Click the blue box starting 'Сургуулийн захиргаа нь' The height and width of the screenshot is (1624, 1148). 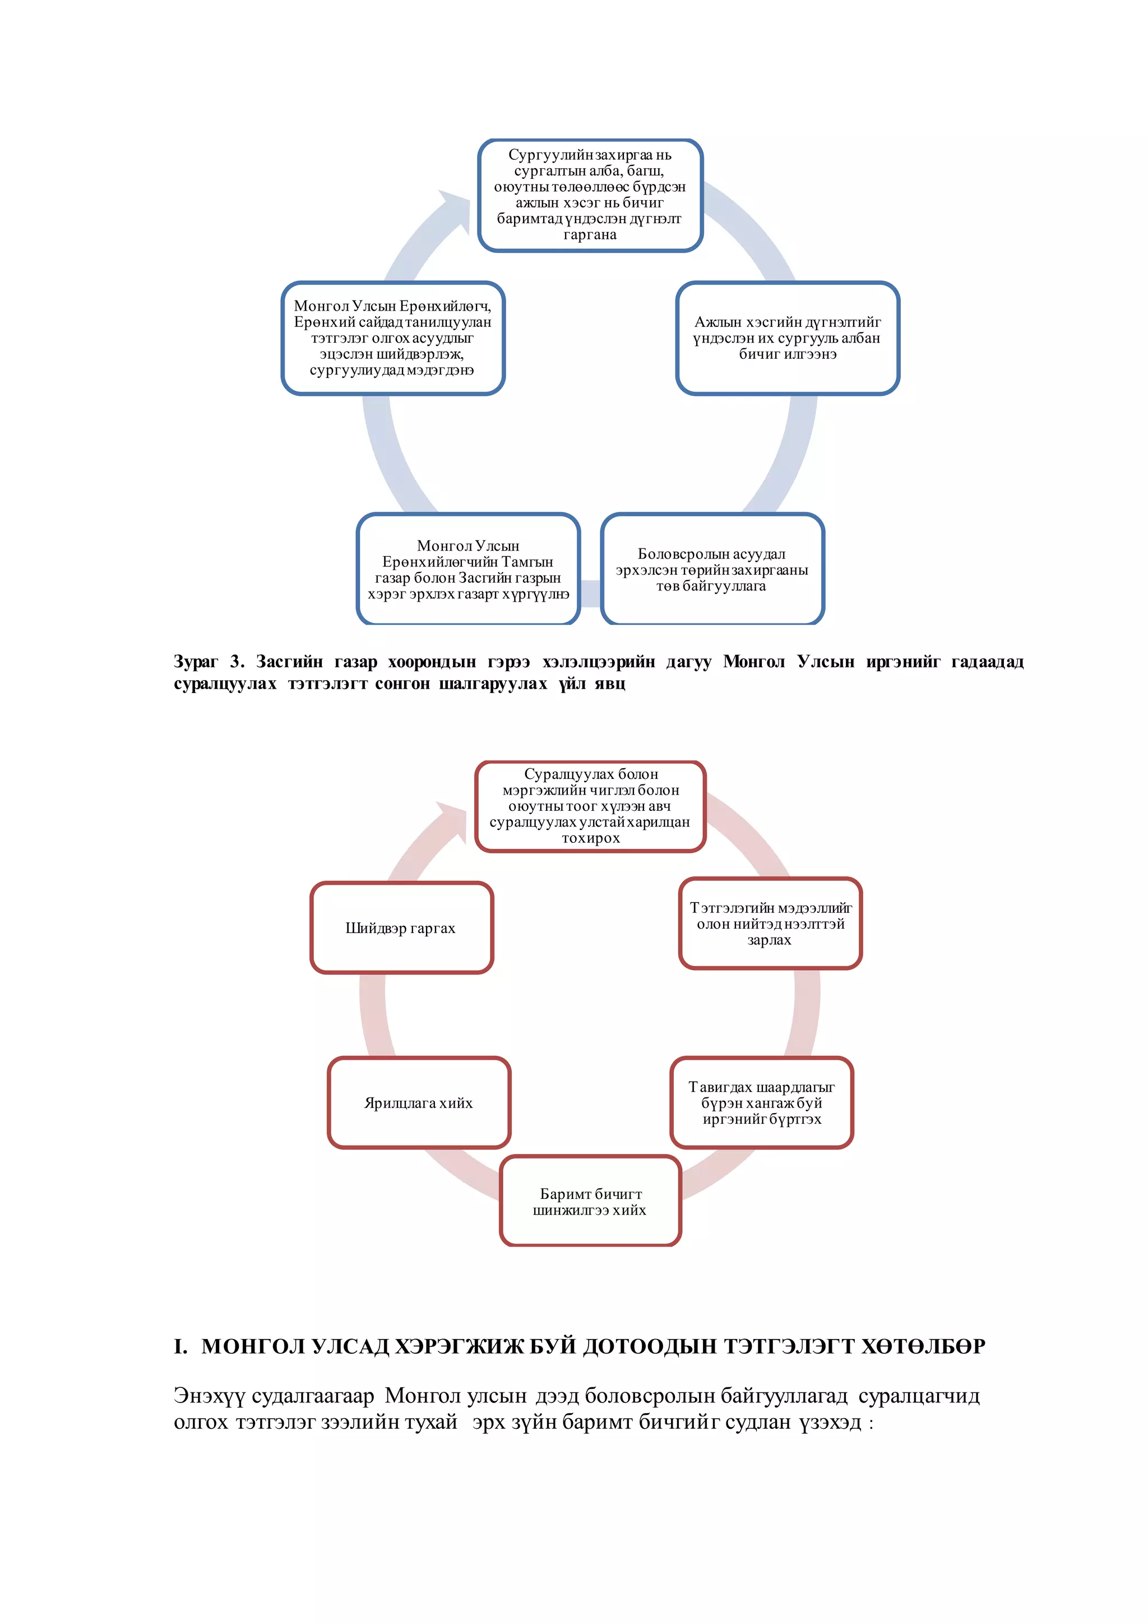[590, 195]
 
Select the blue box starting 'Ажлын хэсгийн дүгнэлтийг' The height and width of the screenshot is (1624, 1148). [787, 338]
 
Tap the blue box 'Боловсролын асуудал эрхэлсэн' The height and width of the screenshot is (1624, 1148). [712, 569]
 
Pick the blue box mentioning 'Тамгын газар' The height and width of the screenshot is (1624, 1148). [468, 569]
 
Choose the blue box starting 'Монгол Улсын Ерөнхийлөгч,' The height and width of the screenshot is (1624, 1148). [392, 338]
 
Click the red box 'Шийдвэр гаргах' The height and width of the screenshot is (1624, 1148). [401, 928]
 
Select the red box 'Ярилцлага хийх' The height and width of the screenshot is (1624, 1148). [419, 1102]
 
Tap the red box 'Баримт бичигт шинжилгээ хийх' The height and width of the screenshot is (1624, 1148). [590, 1202]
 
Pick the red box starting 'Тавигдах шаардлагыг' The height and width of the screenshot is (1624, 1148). [761, 1102]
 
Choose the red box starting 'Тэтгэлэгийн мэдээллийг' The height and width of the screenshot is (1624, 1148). [770, 924]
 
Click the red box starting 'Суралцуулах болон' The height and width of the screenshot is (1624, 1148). [590, 806]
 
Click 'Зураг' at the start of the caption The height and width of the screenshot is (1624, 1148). [196, 662]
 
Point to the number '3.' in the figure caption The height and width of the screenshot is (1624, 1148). [237, 662]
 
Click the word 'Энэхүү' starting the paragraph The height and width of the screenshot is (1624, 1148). [209, 1396]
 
